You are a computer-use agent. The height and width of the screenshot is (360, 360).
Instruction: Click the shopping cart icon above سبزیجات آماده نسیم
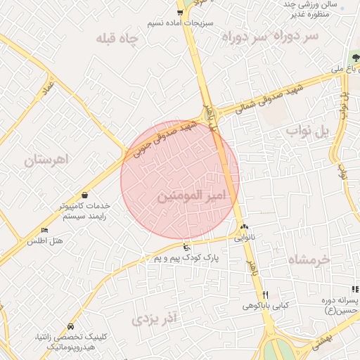(x=181, y=12)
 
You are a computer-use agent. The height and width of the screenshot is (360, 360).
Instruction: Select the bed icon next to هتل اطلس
(x=45, y=230)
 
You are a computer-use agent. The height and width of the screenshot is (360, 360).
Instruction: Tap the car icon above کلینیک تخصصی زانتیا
(x=71, y=327)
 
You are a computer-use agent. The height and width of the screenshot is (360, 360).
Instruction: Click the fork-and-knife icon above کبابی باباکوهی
(x=265, y=295)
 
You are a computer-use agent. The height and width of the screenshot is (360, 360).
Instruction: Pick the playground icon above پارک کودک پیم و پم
(x=186, y=247)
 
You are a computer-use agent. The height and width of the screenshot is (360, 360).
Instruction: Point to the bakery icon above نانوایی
(x=244, y=226)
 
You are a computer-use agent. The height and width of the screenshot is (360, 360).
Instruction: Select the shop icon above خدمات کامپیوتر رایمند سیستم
(x=84, y=195)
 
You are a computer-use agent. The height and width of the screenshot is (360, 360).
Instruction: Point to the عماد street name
(x=48, y=87)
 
